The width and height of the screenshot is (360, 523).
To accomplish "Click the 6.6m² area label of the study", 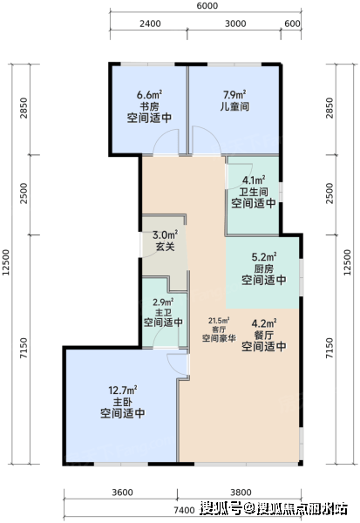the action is (149, 94).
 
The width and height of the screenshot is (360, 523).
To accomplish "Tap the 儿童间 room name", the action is (234, 106).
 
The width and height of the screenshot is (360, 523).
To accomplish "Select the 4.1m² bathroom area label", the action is (254, 180).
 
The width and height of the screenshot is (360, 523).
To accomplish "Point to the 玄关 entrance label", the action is (165, 247).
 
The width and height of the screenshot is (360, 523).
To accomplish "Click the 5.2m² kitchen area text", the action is (263, 257).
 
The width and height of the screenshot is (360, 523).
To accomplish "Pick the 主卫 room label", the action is (163, 312).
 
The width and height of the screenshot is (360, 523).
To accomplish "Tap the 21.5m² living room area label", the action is (219, 321).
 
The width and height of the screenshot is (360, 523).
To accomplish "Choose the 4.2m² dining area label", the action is (263, 323).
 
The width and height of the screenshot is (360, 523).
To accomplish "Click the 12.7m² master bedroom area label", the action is (123, 390).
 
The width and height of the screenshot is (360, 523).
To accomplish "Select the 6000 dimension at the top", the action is (207, 6).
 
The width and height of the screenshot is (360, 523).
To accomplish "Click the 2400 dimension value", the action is (150, 24).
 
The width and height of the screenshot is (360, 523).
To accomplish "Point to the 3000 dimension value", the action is (235, 24).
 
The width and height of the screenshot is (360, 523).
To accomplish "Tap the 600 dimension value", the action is (292, 24).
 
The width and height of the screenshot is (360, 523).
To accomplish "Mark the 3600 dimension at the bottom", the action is (122, 492).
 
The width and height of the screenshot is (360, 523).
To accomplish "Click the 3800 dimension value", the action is (241, 492).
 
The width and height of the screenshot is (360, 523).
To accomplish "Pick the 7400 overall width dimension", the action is (184, 510).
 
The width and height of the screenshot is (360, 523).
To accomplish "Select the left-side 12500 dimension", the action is (6, 263).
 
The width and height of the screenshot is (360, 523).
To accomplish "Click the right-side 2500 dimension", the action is (329, 194).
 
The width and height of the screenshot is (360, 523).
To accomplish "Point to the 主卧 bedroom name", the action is (122, 402).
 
